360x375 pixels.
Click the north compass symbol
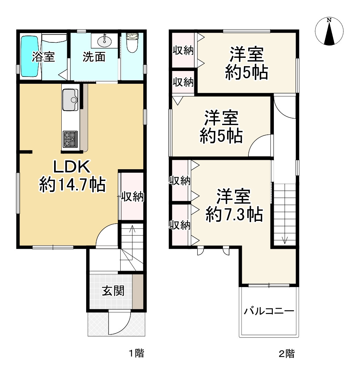click(329, 31)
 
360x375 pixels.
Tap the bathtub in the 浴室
click(29, 57)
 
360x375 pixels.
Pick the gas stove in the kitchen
click(71, 139)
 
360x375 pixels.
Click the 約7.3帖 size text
click(234, 215)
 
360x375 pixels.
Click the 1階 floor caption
click(136, 353)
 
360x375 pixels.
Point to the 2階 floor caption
click(287, 353)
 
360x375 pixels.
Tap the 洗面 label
click(94, 57)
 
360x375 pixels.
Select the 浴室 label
click(43, 57)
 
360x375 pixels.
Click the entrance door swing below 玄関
click(119, 322)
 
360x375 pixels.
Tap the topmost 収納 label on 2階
click(183, 51)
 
